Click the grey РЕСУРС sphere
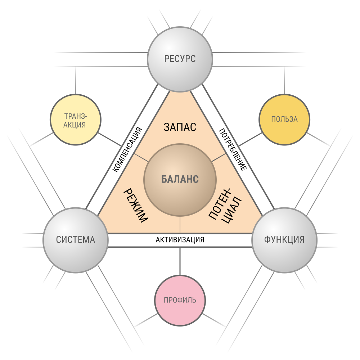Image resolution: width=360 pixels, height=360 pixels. [x=180, y=59]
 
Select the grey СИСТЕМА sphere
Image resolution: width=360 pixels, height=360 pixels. [x=76, y=240]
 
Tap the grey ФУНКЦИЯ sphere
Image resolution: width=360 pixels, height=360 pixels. [x=284, y=240]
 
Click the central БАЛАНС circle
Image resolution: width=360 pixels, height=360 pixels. [x=180, y=180]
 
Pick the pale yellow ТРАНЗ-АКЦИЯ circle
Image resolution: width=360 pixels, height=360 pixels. [x=76, y=120]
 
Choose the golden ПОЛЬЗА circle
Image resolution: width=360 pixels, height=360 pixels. [x=284, y=120]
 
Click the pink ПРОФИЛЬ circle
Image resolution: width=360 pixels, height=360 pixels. [x=180, y=300]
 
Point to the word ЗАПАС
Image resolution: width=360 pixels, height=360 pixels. [x=180, y=127]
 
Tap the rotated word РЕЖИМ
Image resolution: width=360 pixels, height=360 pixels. [x=136, y=206]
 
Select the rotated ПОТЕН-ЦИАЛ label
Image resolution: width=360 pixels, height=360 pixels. [x=225, y=206]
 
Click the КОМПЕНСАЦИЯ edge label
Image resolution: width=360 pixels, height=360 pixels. [x=127, y=149]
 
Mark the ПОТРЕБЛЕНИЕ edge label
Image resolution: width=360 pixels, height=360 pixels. [x=233, y=150]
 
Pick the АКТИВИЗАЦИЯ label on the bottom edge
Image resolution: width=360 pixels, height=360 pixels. [x=180, y=240]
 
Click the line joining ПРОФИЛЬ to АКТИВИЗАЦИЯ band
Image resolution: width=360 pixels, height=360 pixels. [x=180, y=261]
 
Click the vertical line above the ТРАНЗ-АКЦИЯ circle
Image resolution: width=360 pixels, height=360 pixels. [x=76, y=80]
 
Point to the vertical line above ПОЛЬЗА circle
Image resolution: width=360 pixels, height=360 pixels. [x=284, y=80]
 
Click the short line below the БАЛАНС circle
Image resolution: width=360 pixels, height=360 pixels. [x=180, y=225]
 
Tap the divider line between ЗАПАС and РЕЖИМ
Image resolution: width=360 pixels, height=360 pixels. [x=141, y=158]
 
